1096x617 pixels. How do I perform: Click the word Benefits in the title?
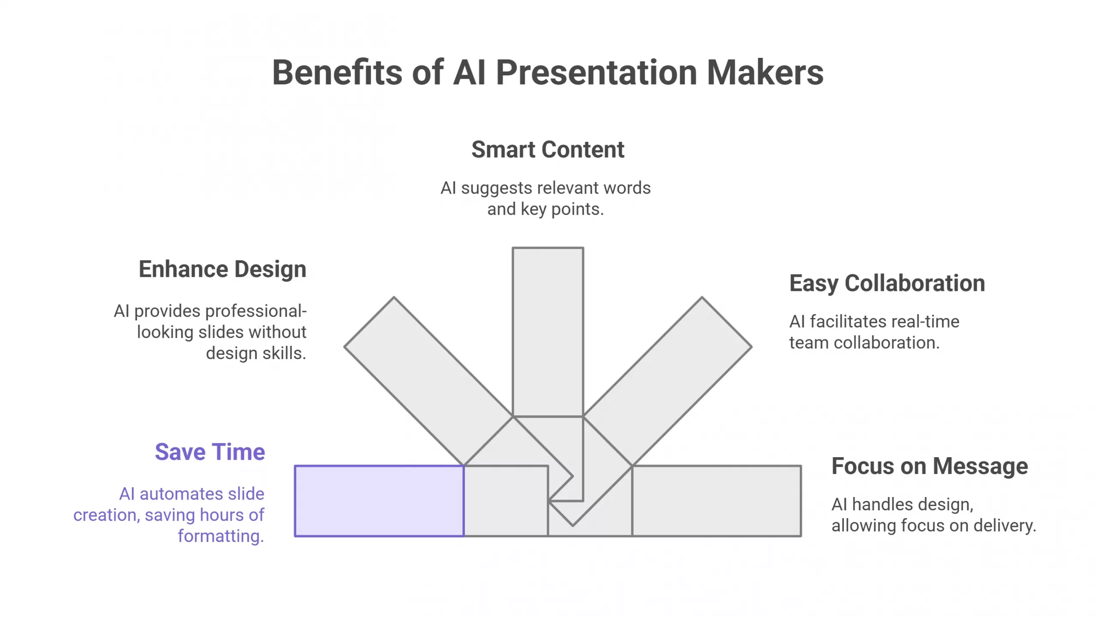pyautogui.click(x=337, y=73)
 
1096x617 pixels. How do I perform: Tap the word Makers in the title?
pyautogui.click(x=765, y=73)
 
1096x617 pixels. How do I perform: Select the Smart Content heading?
pyautogui.click(x=548, y=150)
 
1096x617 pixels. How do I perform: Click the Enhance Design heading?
pyautogui.click(x=222, y=270)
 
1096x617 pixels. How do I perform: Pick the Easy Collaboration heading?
pyautogui.click(x=887, y=284)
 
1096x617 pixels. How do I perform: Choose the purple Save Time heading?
pyautogui.click(x=210, y=452)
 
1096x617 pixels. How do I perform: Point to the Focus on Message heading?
pyautogui.click(x=929, y=466)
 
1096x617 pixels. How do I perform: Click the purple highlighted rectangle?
pyautogui.click(x=379, y=500)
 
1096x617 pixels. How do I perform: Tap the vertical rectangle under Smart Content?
pyautogui.click(x=548, y=330)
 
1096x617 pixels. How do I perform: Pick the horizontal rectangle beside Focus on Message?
pyautogui.click(x=716, y=500)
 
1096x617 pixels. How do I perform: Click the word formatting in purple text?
pyautogui.click(x=220, y=536)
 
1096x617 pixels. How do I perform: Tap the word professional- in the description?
pyautogui.click(x=220, y=311)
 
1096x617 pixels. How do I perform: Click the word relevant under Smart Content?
pyautogui.click(x=566, y=188)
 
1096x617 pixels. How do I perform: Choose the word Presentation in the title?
pyautogui.click(x=596, y=73)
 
